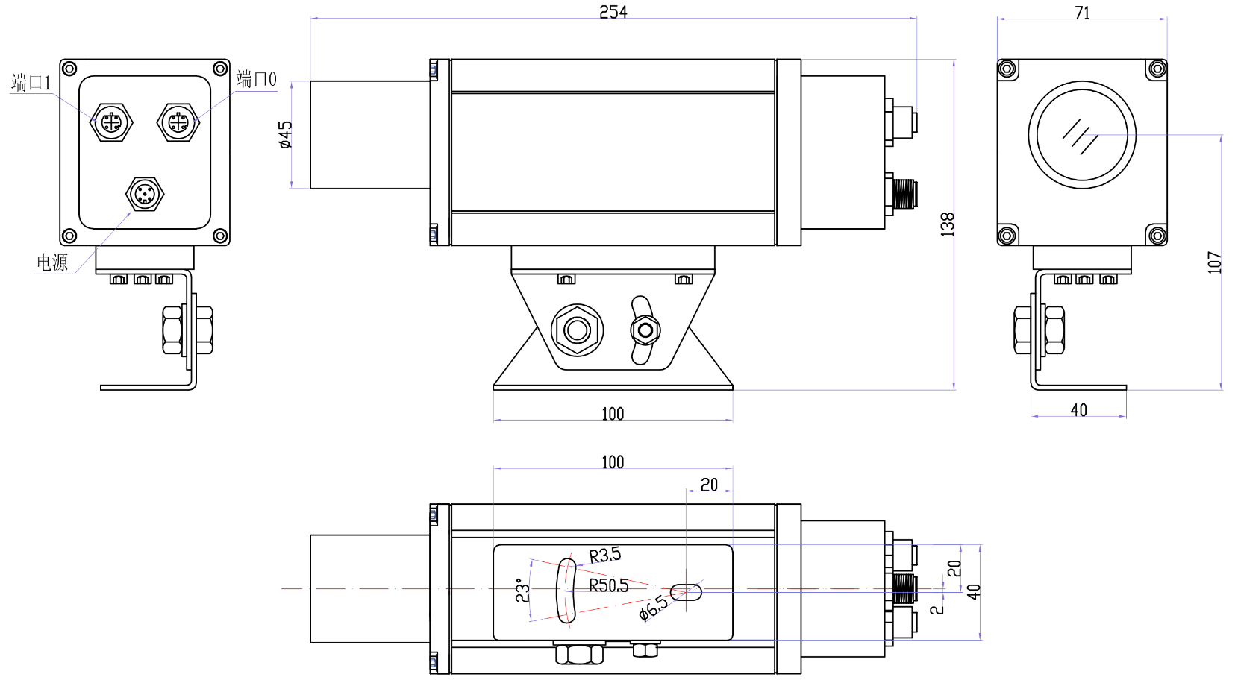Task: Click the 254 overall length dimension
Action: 613,11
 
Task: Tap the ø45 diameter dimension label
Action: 285,135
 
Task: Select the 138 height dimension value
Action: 947,224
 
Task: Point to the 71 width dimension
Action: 1082,12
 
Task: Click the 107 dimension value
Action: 1214,262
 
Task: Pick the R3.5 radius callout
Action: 604,556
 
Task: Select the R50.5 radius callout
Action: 608,585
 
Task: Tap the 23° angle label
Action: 522,590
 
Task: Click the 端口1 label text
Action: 31,83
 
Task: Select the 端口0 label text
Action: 256,79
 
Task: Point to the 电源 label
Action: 52,262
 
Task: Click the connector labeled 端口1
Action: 111,122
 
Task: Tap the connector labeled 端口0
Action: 178,122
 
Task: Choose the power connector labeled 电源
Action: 145,195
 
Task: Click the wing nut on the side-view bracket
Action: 644,330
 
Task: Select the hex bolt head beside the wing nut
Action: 577,329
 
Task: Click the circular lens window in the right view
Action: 1082,135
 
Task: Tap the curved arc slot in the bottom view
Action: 566,590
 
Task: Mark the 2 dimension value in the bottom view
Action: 937,609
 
